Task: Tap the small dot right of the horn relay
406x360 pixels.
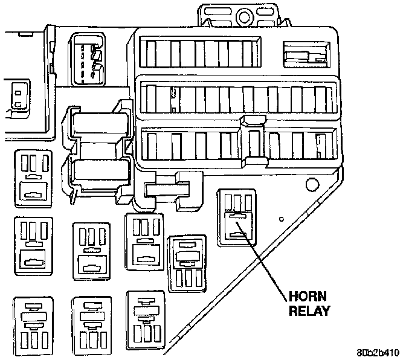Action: point(282,218)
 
